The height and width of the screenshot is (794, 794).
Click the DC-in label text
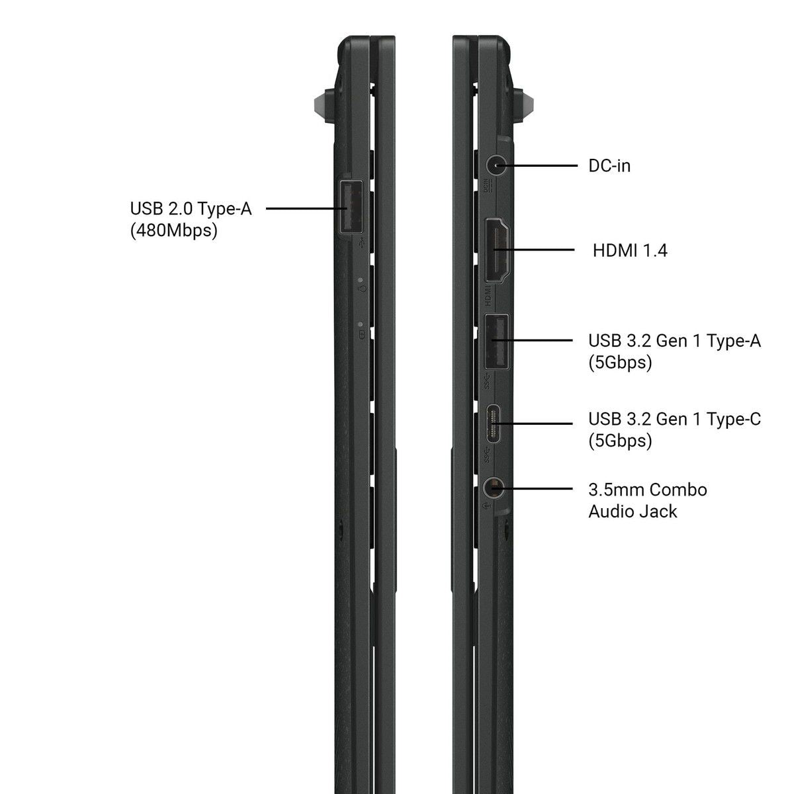click(609, 165)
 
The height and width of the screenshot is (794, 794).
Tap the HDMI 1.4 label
click(630, 250)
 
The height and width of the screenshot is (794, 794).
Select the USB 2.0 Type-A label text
click(191, 208)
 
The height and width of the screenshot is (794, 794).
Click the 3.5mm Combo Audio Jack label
click(647, 500)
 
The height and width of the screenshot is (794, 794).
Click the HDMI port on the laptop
click(498, 250)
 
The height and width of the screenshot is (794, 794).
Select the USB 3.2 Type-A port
click(496, 341)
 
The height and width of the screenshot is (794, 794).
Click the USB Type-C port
click(494, 423)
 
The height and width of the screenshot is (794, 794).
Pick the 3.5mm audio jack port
click(494, 489)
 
